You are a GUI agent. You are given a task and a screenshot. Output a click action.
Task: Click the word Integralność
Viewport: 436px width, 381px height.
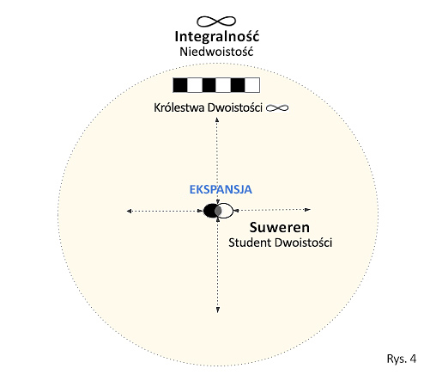point(217,37)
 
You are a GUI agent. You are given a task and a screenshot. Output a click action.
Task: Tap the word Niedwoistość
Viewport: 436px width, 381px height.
point(216,52)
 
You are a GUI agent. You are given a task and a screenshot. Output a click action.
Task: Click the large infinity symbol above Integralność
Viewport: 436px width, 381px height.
point(216,22)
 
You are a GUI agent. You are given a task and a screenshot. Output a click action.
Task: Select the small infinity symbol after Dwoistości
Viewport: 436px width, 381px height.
point(277,108)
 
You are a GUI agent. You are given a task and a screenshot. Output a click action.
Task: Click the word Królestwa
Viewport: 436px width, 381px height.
point(179,108)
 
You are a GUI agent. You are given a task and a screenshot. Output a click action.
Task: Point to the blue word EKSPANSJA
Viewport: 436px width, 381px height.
point(221,189)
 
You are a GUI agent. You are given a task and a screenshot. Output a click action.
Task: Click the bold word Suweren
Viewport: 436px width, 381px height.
point(280,227)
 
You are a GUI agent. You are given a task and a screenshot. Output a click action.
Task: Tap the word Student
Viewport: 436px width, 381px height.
point(250,243)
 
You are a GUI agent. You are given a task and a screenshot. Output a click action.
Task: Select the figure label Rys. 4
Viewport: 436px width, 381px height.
point(402,359)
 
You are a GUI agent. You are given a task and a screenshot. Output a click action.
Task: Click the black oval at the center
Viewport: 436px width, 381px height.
point(209,211)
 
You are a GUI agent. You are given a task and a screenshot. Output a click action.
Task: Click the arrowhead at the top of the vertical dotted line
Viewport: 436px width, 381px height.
point(217,120)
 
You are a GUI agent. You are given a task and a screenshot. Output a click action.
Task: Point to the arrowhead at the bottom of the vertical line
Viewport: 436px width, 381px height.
point(218,310)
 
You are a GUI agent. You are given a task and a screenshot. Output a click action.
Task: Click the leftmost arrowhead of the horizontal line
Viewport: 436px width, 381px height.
point(129,212)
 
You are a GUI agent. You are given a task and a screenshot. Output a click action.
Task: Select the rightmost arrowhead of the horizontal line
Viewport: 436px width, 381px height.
point(308,210)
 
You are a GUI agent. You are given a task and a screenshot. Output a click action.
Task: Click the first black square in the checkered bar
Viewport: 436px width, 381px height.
point(180,85)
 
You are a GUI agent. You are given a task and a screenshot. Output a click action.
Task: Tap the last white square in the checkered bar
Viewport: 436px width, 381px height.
point(252,85)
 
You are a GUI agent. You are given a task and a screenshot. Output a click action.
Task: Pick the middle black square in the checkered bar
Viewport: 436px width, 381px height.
point(209,85)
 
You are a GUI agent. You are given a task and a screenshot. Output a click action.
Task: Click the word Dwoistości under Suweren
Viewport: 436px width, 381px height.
point(303,243)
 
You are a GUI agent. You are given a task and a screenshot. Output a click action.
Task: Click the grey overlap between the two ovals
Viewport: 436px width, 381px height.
point(218,211)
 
